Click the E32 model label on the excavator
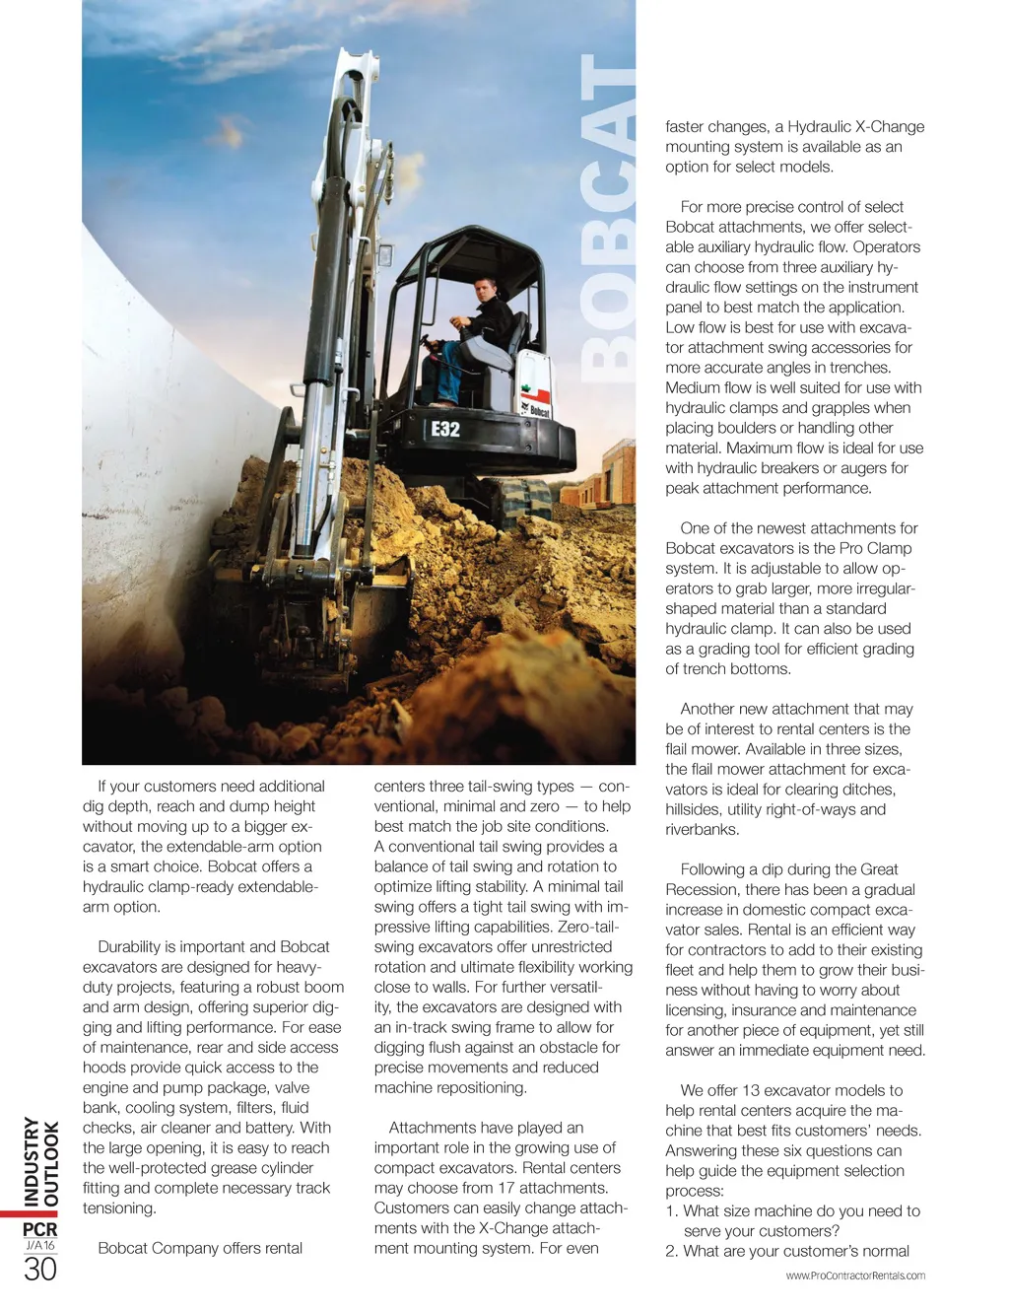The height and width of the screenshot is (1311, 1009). click(x=445, y=429)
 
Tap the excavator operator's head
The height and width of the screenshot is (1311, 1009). click(x=485, y=291)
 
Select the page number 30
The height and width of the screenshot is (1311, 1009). click(x=40, y=1270)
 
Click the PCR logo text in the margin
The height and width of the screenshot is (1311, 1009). click(x=40, y=1229)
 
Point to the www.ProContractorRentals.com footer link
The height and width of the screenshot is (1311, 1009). click(x=855, y=1276)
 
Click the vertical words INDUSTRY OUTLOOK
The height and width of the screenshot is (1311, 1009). click(x=41, y=1161)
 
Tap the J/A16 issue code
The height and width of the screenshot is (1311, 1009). click(x=40, y=1246)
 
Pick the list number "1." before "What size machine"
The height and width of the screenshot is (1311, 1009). click(x=672, y=1210)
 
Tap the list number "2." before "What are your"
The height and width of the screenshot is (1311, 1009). click(x=672, y=1251)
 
